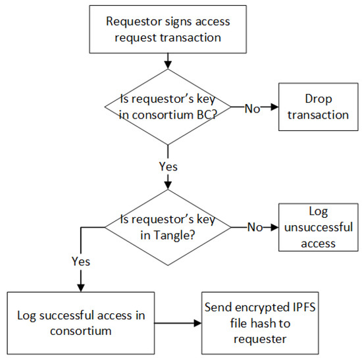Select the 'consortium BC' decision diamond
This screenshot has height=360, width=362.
[x=168, y=106]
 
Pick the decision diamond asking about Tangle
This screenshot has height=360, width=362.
[x=168, y=228]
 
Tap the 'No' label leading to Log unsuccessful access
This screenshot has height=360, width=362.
[x=253, y=227]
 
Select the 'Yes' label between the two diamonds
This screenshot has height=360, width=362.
[x=168, y=166]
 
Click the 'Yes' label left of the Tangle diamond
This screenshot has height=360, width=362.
[x=80, y=261]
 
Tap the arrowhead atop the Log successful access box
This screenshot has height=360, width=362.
[x=80, y=287]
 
